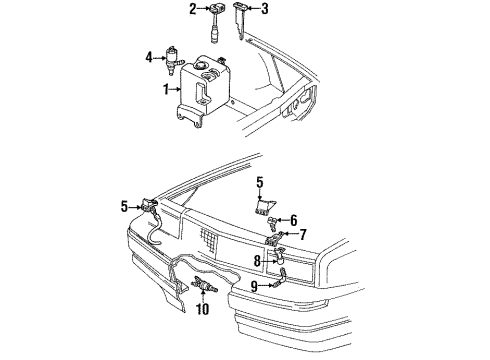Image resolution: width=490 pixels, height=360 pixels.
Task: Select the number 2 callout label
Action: click(191, 10)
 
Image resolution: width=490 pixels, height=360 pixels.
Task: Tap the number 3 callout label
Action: click(264, 10)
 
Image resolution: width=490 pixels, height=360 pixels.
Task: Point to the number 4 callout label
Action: click(148, 58)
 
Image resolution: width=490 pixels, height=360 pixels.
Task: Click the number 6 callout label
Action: click(293, 220)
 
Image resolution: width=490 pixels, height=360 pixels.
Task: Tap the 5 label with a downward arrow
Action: click(260, 182)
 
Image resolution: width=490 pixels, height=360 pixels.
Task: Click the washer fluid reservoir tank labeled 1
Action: click(205, 95)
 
